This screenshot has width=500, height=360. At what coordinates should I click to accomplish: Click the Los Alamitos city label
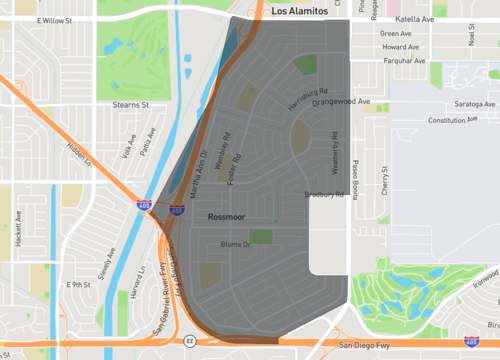click(300, 8)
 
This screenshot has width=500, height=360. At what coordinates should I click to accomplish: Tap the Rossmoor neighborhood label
click(228, 217)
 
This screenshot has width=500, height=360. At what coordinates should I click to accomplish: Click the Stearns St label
click(130, 103)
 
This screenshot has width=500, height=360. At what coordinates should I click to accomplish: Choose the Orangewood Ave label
click(341, 101)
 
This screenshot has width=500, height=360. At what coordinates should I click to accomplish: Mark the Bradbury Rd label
click(324, 195)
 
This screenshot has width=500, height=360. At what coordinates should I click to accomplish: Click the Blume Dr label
click(233, 244)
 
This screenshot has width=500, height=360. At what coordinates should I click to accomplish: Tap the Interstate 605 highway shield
click(176, 210)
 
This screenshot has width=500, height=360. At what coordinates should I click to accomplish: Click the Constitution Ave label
click(447, 120)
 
